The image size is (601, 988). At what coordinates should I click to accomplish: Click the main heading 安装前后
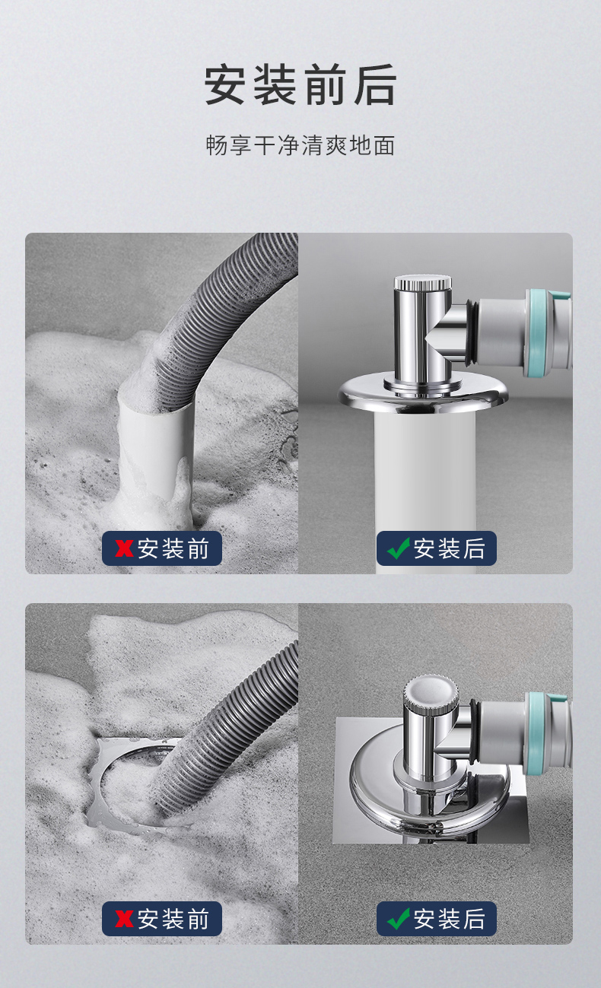click(300, 84)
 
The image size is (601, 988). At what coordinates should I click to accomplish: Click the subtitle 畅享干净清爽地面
click(300, 145)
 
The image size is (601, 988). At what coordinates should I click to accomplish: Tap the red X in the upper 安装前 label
click(124, 548)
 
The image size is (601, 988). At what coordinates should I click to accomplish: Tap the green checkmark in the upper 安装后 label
click(398, 548)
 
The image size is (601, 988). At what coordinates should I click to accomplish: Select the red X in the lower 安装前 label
click(124, 919)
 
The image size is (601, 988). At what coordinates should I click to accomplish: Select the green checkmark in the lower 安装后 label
click(398, 919)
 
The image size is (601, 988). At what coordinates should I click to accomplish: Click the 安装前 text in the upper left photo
click(173, 548)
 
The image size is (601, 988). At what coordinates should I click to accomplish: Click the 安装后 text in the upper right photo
click(449, 548)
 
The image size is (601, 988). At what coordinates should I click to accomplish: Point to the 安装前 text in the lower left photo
click(173, 920)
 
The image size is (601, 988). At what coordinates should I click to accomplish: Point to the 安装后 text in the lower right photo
click(449, 920)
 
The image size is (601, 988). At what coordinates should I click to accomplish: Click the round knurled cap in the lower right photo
click(425, 694)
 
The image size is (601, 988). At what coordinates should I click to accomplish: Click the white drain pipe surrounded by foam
click(155, 454)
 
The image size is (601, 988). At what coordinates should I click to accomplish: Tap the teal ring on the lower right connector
click(539, 731)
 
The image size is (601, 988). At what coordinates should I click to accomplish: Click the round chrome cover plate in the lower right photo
click(428, 789)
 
